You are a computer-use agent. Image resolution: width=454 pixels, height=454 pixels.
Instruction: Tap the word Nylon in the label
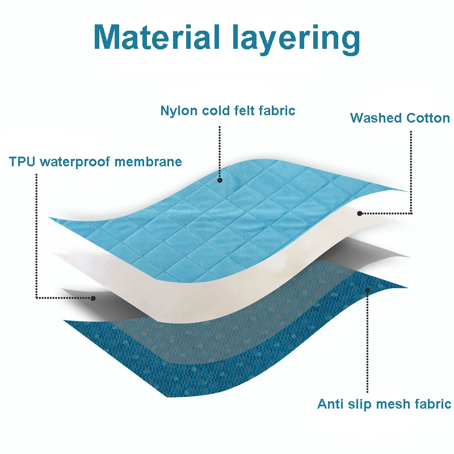coord(178,111)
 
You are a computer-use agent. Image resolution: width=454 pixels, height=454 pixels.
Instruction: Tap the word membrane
coord(149,161)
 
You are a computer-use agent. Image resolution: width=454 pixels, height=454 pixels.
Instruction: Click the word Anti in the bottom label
coord(329,404)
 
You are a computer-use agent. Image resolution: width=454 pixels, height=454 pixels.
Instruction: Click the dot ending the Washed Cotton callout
coord(360,213)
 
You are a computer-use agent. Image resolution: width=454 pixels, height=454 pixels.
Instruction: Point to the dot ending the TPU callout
coord(94,297)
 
